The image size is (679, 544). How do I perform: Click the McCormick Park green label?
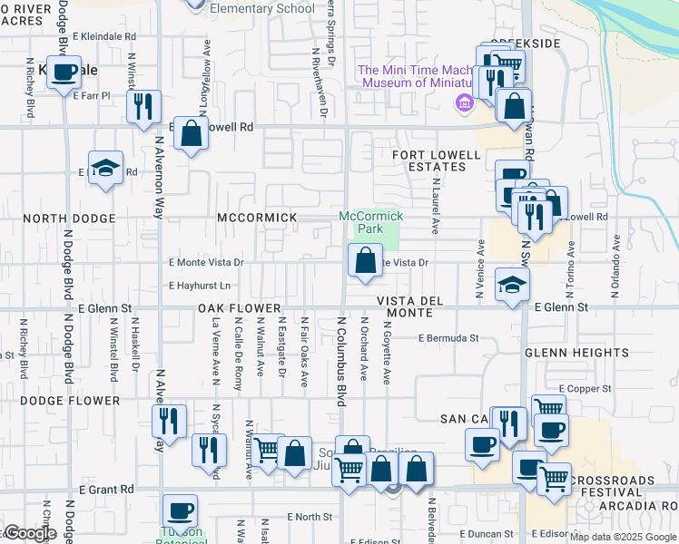coord(369,222)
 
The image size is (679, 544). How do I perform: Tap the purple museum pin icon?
coord(465,102)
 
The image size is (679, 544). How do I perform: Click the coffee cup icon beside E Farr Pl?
coord(64,73)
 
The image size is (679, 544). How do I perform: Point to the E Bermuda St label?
coord(448,338)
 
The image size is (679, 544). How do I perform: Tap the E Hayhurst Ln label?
coord(200,286)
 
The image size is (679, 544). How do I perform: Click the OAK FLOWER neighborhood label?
coord(235,308)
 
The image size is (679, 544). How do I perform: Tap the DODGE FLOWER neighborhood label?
coord(70,401)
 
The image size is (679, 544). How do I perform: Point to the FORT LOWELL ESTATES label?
coord(436,161)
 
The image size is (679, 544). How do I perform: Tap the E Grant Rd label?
coord(106,489)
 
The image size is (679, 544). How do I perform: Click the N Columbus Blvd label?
coord(343,361)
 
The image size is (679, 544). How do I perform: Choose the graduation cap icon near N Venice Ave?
coord(512,284)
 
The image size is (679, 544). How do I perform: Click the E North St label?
coord(310,516)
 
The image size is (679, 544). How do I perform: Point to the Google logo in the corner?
coord(29,534)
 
